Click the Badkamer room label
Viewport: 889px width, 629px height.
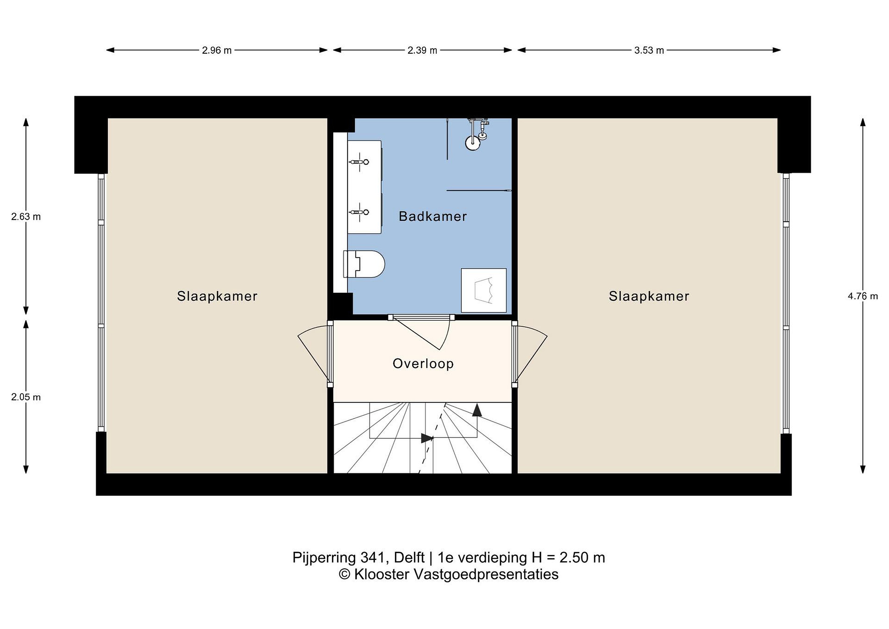432,216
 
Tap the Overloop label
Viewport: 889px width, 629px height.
423,363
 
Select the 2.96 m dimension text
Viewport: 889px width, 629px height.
217,50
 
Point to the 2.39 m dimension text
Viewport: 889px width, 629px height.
423,50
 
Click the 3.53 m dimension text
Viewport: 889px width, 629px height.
649,50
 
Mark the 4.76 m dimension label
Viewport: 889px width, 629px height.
863,296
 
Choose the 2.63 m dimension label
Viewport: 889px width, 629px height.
26,217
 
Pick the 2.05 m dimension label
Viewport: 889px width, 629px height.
26,397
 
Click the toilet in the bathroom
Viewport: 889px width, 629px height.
364,264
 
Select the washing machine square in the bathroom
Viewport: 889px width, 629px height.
484,290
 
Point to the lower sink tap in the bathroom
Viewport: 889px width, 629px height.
360,212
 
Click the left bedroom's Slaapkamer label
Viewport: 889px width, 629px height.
217,296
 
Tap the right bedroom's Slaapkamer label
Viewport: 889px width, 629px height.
649,296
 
